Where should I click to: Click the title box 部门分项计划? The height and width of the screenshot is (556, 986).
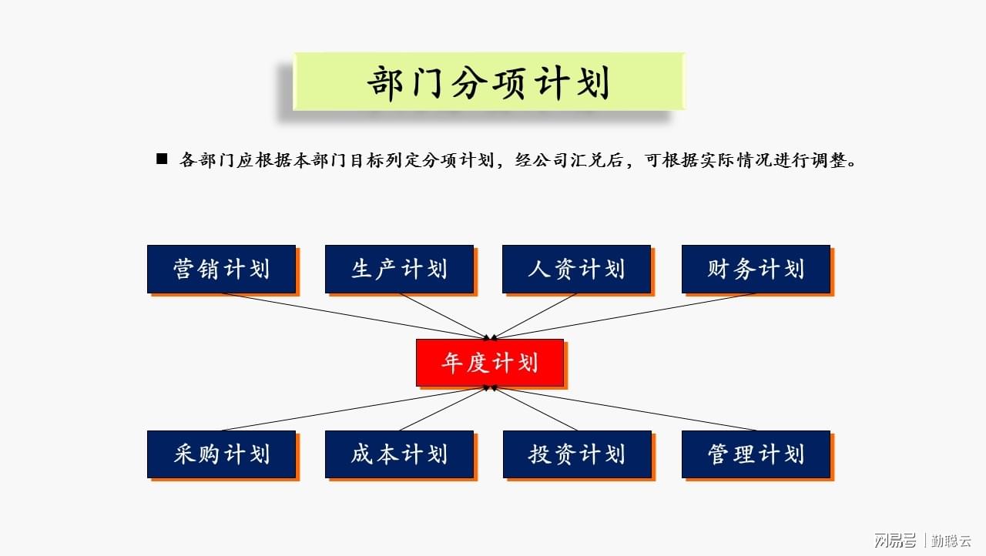[x=489, y=82]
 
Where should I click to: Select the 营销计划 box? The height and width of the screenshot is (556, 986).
[x=221, y=270]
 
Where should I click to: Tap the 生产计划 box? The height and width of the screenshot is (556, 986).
[x=399, y=270]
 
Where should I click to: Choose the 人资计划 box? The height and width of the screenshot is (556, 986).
[x=577, y=270]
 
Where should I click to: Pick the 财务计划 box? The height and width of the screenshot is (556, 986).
[x=756, y=270]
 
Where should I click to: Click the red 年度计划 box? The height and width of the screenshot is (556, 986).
[x=490, y=363]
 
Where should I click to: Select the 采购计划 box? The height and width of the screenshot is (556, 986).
[x=221, y=454]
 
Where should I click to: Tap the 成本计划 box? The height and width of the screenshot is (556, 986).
[x=399, y=454]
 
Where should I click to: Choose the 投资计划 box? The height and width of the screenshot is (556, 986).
[x=577, y=454]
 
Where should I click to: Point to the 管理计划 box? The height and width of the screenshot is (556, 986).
[x=756, y=454]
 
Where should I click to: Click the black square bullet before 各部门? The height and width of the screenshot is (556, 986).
[x=162, y=159]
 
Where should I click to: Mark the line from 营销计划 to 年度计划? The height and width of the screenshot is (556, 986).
[x=356, y=317]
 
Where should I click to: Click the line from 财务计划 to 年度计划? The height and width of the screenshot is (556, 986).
[x=624, y=317]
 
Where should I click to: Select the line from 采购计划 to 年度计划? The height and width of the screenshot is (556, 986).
[x=356, y=408]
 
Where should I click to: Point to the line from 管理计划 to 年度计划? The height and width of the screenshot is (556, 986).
[x=624, y=408]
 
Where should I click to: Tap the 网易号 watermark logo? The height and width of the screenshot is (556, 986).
[x=895, y=540]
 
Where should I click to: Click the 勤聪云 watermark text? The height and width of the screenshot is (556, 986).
[x=951, y=541]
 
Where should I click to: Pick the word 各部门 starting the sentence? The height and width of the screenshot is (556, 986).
[x=207, y=160]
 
